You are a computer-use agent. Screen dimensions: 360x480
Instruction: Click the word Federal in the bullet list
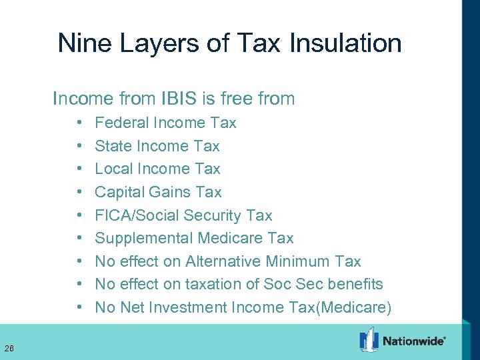click(122, 123)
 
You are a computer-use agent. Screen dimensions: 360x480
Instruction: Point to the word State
click(113, 146)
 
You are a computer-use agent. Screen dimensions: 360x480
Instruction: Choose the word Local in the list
click(113, 169)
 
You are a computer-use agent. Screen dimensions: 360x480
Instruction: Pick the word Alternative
click(223, 261)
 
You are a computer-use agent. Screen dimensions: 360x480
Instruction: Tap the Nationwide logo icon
click(369, 340)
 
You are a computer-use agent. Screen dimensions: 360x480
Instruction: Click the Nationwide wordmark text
click(413, 341)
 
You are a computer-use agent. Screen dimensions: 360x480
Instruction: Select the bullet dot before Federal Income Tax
click(79, 123)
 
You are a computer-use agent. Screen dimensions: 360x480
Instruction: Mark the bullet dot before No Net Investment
click(79, 308)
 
